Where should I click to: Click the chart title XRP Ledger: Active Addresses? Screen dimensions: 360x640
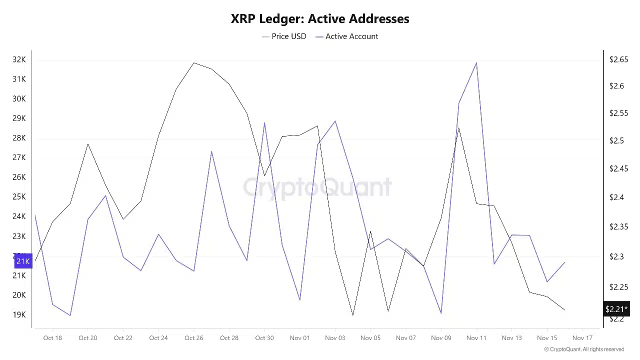click(x=320, y=19)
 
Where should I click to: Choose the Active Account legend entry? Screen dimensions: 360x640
click(x=347, y=36)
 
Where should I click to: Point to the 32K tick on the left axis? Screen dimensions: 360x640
click(x=19, y=59)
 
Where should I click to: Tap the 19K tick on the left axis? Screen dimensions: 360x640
click(x=19, y=314)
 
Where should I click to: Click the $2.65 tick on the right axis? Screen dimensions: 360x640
click(x=618, y=59)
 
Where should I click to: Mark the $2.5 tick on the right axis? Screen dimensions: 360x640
click(x=616, y=140)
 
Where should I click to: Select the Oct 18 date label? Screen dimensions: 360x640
click(x=52, y=338)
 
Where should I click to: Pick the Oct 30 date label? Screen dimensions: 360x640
click(x=264, y=338)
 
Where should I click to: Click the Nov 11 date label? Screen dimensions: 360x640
click(x=476, y=338)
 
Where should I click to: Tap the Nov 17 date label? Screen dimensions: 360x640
click(x=582, y=338)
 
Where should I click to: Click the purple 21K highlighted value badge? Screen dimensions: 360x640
click(x=23, y=261)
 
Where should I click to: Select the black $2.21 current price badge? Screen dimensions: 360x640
click(x=616, y=309)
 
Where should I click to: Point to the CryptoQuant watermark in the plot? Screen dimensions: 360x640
click(x=317, y=187)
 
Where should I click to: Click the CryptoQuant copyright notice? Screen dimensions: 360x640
click(x=584, y=349)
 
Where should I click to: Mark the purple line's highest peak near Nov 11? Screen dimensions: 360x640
click(x=476, y=62)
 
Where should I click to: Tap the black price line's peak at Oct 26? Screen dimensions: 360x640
click(x=194, y=62)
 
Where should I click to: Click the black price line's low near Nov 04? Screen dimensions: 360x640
click(x=353, y=315)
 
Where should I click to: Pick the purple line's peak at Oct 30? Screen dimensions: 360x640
click(x=264, y=122)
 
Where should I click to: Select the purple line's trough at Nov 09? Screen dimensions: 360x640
click(x=441, y=313)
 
